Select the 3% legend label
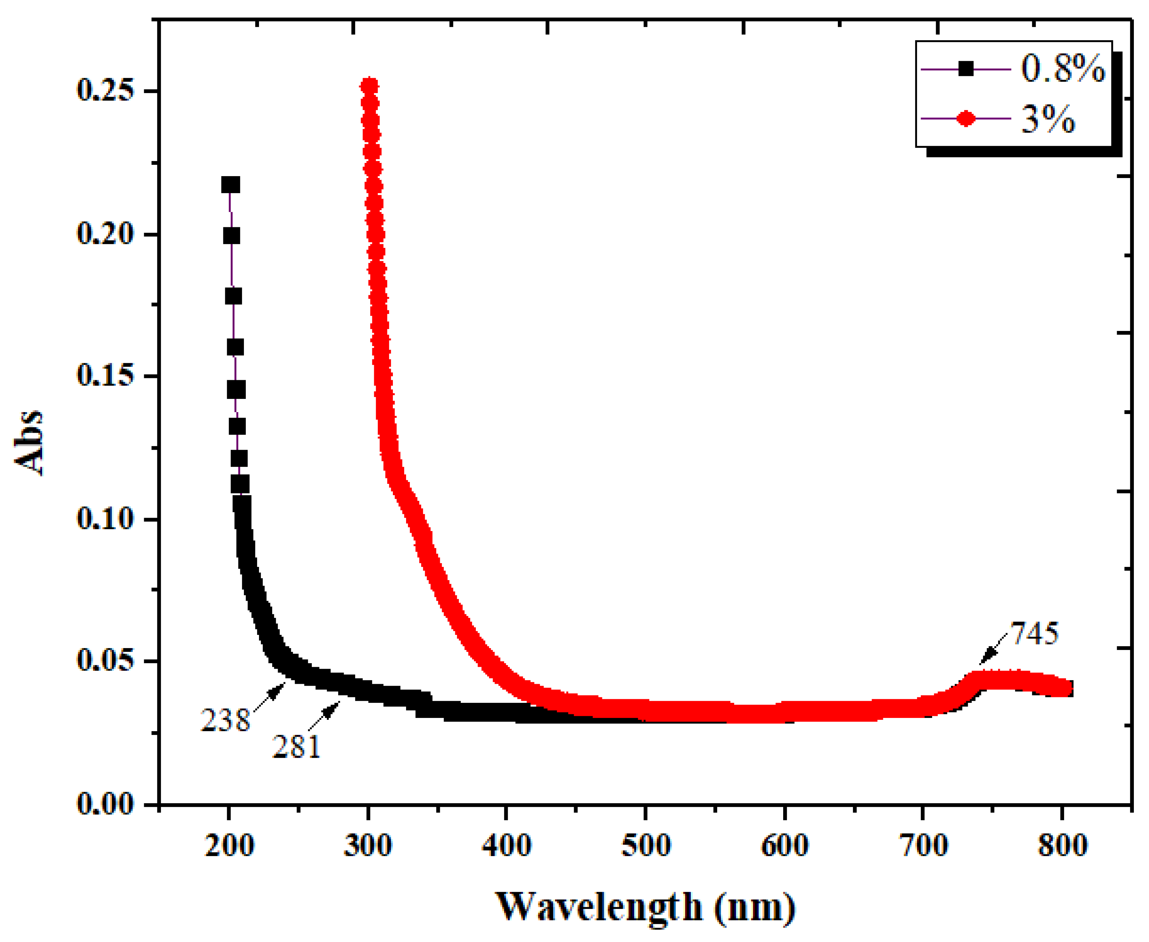point(1048,119)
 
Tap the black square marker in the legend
point(966,69)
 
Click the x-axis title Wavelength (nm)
point(645,907)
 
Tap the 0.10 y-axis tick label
point(105,518)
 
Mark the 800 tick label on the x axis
point(1062,845)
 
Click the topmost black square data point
point(230,185)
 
